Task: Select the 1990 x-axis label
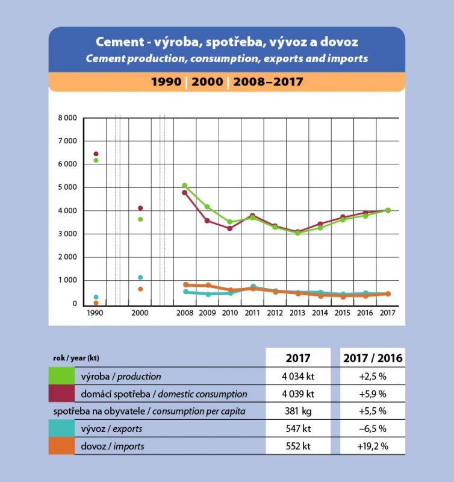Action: (95, 313)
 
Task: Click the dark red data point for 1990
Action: (96, 154)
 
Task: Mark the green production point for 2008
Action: (185, 186)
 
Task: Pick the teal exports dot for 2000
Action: (140, 278)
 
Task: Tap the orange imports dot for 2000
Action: (140, 289)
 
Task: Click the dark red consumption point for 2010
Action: (230, 228)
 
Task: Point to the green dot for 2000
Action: (140, 219)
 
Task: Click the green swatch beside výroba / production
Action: (62, 377)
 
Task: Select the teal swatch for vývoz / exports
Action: (62, 429)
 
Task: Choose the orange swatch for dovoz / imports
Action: (62, 446)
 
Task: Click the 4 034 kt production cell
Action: (299, 377)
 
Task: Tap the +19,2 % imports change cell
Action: (372, 446)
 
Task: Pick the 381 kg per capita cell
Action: (299, 412)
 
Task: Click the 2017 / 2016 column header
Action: (372, 358)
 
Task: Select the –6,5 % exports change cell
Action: (372, 429)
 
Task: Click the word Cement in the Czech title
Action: (119, 43)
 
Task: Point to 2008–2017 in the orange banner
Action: (268, 81)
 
